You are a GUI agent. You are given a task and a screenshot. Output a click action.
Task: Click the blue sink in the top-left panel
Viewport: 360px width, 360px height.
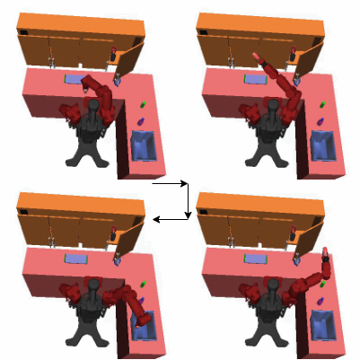click(143, 145)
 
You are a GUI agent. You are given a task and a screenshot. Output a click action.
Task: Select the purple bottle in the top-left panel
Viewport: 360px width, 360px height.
click(140, 119)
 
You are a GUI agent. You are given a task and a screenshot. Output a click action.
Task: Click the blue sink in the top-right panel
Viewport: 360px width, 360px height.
click(322, 145)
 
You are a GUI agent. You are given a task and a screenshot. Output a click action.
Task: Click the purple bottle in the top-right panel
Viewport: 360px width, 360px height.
click(320, 119)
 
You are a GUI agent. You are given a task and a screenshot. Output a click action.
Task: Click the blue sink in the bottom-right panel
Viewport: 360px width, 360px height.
click(322, 324)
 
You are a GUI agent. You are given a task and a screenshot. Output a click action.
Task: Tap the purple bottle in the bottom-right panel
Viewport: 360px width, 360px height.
click(320, 299)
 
